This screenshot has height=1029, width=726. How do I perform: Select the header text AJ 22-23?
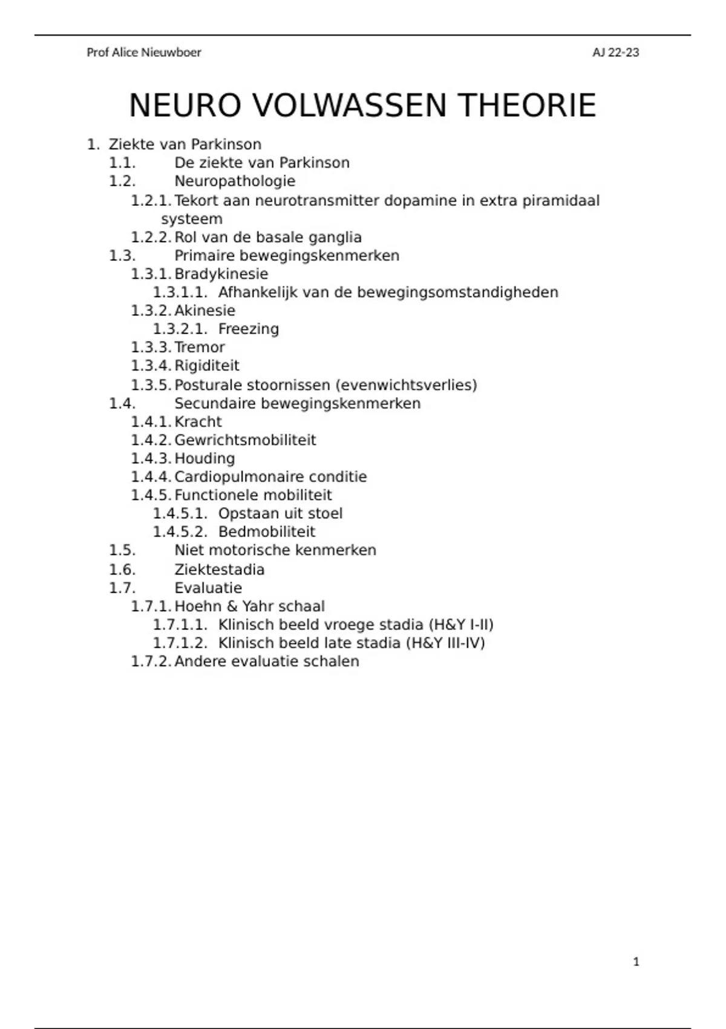[x=615, y=53]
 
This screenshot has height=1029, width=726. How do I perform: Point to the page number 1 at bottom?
[x=636, y=962]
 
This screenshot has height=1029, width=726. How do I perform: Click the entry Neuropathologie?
[x=235, y=181]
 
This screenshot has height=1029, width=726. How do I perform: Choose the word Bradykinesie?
[x=221, y=274]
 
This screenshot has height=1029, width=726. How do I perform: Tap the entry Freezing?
[x=249, y=329]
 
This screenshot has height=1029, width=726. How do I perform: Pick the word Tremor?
[x=200, y=347]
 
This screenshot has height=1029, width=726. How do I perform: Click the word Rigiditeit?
[x=207, y=366]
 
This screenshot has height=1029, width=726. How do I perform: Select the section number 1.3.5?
[x=151, y=385]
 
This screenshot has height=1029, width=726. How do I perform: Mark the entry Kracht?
[x=198, y=422]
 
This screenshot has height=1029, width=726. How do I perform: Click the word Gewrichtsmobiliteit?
[x=245, y=440]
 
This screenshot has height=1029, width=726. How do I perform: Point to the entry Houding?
[x=204, y=459]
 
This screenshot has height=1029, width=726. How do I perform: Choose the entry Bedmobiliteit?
[x=267, y=532]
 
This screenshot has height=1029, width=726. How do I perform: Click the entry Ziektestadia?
[x=219, y=570]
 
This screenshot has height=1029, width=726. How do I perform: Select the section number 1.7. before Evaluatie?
[x=122, y=588]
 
